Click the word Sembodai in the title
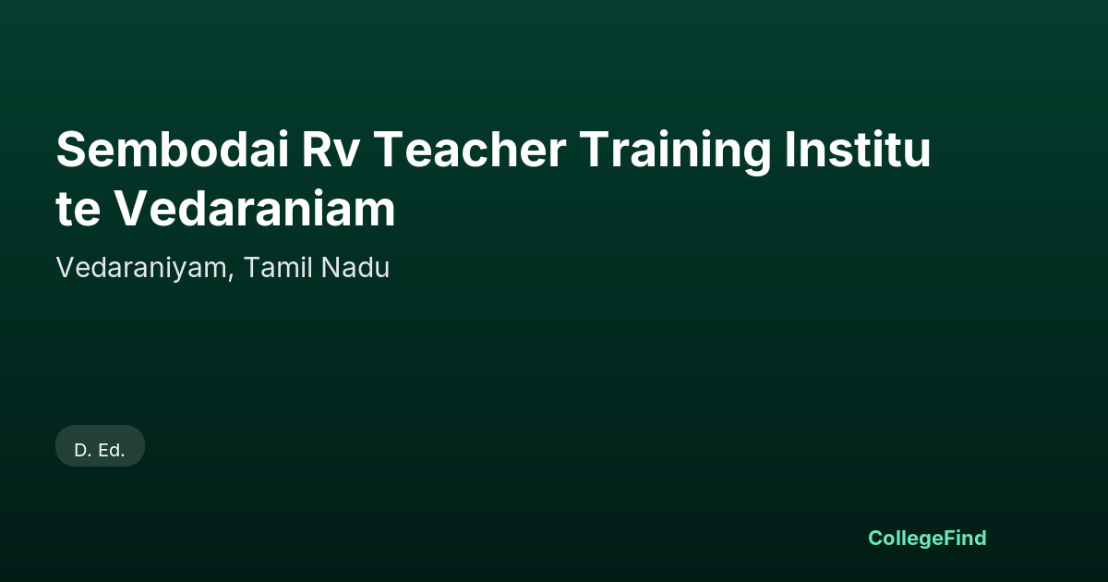[x=173, y=149]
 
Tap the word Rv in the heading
[x=330, y=150]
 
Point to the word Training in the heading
[x=675, y=152]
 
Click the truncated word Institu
[x=858, y=149]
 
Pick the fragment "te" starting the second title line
[x=78, y=210]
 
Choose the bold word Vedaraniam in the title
[x=255, y=208]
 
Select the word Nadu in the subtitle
[x=355, y=268]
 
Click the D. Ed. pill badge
[x=100, y=446]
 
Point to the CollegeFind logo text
[x=927, y=539]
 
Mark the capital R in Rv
[x=317, y=150]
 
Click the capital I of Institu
[x=790, y=150]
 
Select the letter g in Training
[x=754, y=157]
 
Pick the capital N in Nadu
[x=331, y=268]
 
